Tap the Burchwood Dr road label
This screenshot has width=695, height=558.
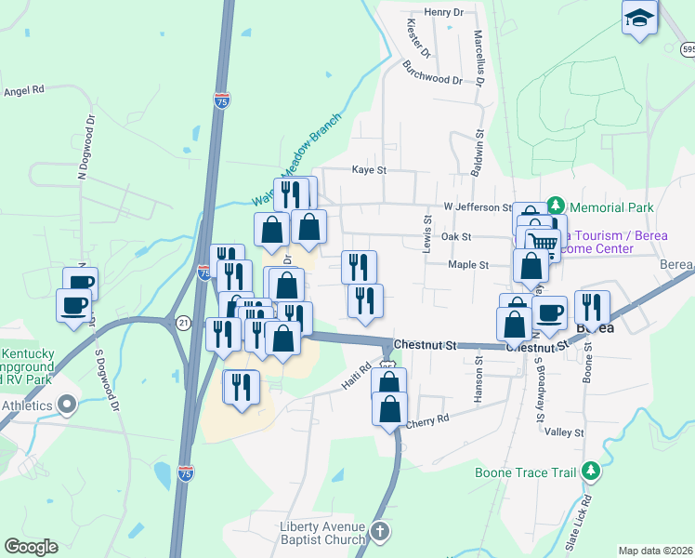coord(432,73)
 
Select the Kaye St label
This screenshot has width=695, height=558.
coord(369,170)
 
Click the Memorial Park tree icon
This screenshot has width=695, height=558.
coord(557,205)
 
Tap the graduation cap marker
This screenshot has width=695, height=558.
coord(641,18)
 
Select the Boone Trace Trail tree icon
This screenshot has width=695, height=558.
coord(589,472)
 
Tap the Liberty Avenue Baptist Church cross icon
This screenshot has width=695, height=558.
coord(378,531)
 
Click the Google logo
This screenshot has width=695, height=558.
coord(31,547)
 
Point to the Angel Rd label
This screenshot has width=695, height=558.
coord(24,91)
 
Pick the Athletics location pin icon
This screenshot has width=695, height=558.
coord(66,404)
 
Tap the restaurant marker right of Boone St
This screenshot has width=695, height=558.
coord(592,307)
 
